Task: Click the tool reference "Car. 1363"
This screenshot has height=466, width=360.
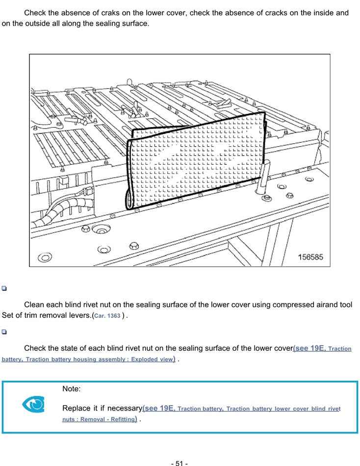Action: tap(107, 315)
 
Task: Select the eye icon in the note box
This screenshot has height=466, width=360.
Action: tap(33, 404)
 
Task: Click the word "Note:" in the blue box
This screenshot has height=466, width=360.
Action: tap(72, 389)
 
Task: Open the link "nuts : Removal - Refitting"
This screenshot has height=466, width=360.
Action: tap(98, 419)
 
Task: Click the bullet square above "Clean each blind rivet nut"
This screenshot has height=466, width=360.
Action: tap(4, 288)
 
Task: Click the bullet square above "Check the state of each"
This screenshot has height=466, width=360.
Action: tap(4, 332)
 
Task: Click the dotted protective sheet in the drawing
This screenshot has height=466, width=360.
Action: tap(196, 162)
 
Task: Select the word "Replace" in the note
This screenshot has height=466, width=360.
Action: tap(77, 408)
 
